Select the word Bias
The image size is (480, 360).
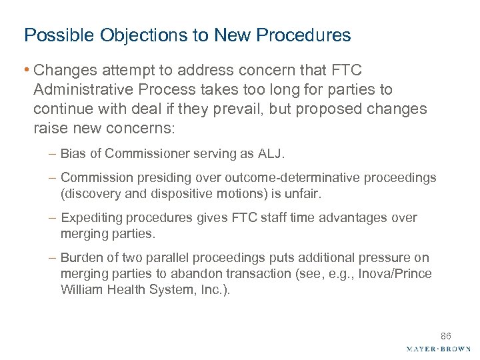point(72,154)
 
